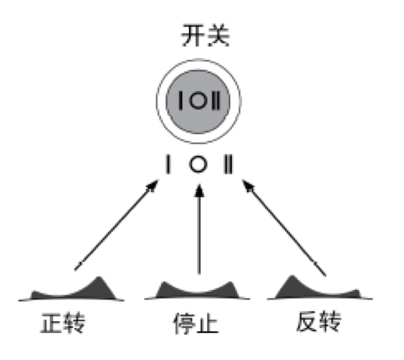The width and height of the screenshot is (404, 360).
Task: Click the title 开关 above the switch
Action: point(205,35)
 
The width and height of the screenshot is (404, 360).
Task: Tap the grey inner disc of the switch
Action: point(198,102)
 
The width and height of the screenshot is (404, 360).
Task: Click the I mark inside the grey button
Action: point(180,101)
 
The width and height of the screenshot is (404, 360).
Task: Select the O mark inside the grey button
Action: point(198,101)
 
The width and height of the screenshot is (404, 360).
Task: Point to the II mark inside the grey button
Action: point(216,101)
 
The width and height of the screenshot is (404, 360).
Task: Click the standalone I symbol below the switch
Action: point(168,164)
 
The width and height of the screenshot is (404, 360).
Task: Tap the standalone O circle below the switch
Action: point(198,164)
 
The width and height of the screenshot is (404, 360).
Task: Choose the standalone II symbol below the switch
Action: point(228,164)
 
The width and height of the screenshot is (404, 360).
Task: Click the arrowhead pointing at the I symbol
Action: point(153,185)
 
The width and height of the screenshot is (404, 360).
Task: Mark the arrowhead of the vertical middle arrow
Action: point(199,191)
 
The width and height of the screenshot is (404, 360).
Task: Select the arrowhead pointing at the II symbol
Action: point(248,186)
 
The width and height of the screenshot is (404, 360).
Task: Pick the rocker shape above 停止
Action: point(197,291)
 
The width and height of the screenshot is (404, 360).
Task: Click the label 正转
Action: point(63,323)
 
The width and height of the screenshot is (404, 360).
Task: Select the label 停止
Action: point(196,323)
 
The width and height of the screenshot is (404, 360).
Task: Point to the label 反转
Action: point(319,322)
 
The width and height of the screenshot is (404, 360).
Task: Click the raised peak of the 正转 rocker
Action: point(99,279)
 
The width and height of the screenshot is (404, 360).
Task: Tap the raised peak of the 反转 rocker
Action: point(292,277)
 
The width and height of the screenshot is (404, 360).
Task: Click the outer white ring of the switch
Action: point(198,61)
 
